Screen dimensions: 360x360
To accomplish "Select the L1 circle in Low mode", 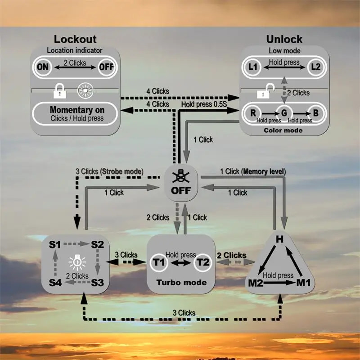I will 253,67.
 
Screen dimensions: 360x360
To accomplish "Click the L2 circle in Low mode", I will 316,67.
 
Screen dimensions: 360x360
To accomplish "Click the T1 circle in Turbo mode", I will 158,262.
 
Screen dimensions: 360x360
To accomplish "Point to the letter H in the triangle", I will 279,239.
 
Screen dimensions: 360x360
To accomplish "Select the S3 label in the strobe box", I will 97,283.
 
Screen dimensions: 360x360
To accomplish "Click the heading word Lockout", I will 75,39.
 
